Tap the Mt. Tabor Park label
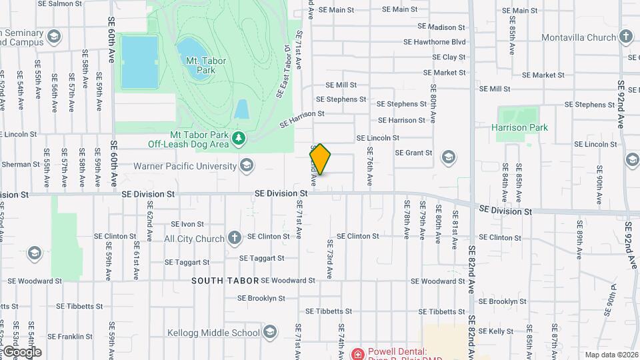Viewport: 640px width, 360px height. [x=206, y=65]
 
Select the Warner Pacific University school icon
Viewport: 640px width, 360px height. [x=247, y=166]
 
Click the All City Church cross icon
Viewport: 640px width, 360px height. [x=234, y=238]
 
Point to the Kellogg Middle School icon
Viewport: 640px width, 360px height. [x=270, y=332]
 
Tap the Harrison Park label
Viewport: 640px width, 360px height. [x=519, y=127]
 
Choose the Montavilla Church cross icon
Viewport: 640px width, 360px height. [x=625, y=37]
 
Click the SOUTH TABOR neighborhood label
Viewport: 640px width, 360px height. [x=225, y=281]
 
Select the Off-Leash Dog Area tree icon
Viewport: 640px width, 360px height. [x=238, y=139]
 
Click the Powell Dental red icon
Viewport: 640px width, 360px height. [x=359, y=353]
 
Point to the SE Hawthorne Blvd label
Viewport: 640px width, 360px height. [x=434, y=42]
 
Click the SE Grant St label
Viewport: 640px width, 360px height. [x=414, y=153]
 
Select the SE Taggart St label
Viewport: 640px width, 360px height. [x=261, y=258]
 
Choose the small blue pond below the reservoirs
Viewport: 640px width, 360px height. [x=241, y=109]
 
